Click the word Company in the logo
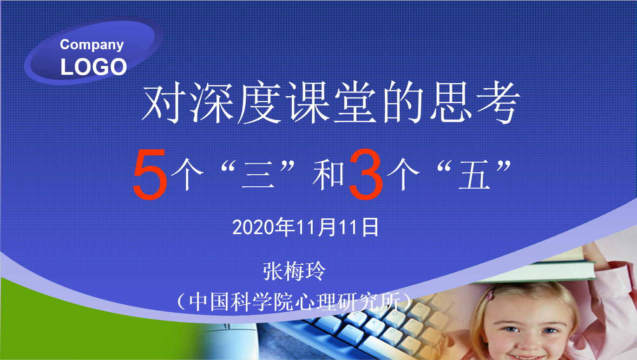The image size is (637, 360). point(92,45)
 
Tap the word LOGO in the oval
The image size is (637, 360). point(93,67)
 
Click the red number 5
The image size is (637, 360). point(150,174)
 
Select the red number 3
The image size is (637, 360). point(366,174)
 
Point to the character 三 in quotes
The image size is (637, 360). point(258,175)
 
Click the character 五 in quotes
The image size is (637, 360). point(474,175)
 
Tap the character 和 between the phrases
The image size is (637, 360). point(328,175)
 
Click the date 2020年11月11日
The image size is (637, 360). point(305,227)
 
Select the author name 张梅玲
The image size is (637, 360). point(294,271)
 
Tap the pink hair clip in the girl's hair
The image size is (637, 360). point(490,295)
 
